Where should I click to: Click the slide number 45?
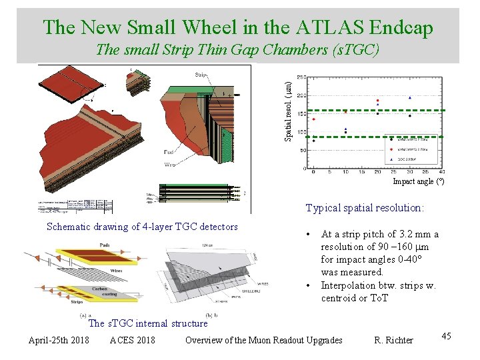point(446,336)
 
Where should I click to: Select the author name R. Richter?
point(393,340)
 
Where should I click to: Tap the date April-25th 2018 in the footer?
point(59,340)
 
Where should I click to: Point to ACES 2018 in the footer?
point(132,340)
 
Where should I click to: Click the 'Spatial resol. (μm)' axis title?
point(288,111)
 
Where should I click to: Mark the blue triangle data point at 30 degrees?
point(409,97)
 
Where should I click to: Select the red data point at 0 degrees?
point(313,119)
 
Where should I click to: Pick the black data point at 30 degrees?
point(409,115)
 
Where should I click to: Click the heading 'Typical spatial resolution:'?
point(365,207)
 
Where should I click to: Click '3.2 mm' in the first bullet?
point(406,234)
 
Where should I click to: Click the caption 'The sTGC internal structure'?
point(148,323)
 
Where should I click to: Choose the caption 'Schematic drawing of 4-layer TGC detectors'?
point(142,227)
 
